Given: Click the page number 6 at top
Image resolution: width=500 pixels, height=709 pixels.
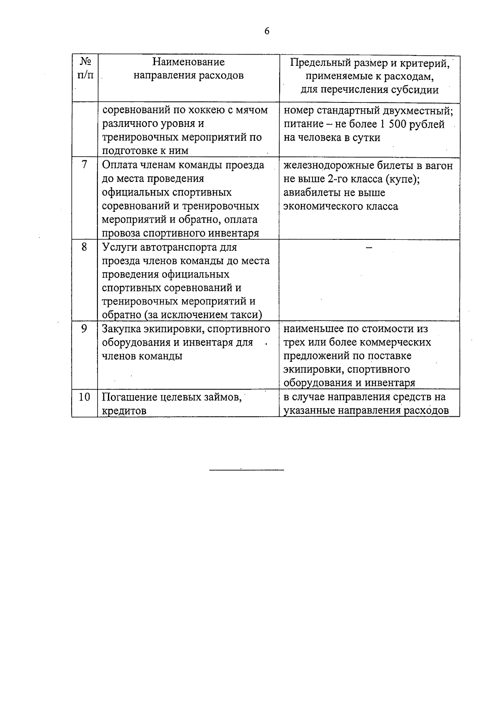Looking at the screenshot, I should pyautogui.click(x=267, y=32).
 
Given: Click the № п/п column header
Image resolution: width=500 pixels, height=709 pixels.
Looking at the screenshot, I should pyautogui.click(x=85, y=69).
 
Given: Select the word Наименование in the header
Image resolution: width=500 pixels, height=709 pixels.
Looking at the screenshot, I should pyautogui.click(x=188, y=62).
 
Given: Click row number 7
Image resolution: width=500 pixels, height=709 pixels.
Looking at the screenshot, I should pyautogui.click(x=85, y=165).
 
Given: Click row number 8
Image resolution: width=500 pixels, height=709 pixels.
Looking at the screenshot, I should pyautogui.click(x=85, y=247).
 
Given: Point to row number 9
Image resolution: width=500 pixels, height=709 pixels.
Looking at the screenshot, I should pyautogui.click(x=85, y=329).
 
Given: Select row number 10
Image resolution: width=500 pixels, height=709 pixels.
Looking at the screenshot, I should pyautogui.click(x=85, y=397).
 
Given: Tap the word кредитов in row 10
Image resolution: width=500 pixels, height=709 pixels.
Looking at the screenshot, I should pyautogui.click(x=124, y=411).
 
